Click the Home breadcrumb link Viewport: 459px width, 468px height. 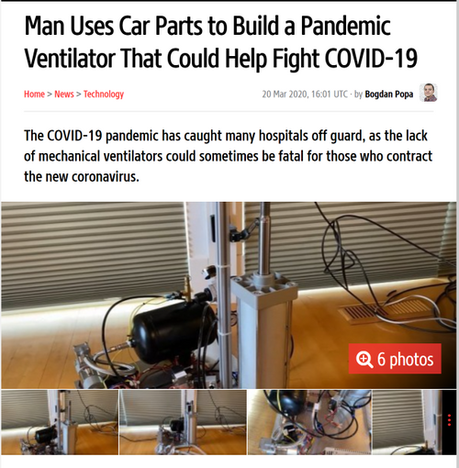(x=34, y=95)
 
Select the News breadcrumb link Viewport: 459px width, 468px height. (x=64, y=95)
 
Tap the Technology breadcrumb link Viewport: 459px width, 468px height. (x=104, y=95)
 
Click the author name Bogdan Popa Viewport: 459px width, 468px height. (x=389, y=95)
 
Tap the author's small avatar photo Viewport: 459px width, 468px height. (x=428, y=93)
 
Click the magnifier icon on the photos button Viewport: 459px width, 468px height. (x=364, y=359)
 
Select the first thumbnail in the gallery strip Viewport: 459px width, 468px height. (x=60, y=422)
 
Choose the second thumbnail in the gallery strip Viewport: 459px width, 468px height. (x=183, y=422)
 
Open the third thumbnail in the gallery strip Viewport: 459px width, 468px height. (x=309, y=422)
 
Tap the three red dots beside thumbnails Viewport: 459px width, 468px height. (x=449, y=420)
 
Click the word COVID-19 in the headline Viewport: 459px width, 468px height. (x=371, y=58)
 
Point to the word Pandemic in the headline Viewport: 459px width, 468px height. (x=345, y=26)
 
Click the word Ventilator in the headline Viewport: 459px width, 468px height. (x=70, y=58)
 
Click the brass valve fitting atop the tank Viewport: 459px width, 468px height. (x=186, y=287)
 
